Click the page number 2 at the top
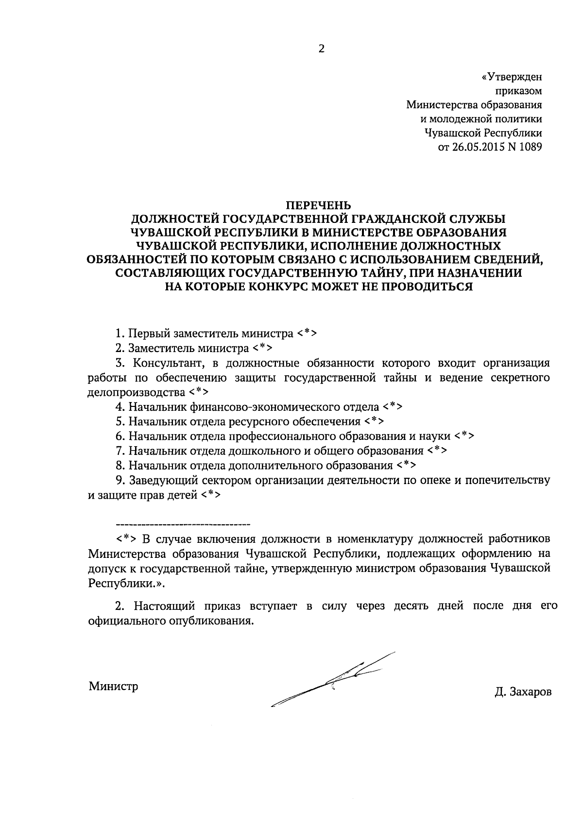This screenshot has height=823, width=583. [321, 49]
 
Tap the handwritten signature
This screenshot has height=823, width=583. [335, 680]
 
